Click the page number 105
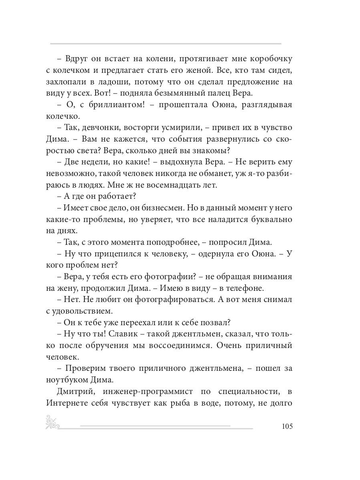pos(287,426)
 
